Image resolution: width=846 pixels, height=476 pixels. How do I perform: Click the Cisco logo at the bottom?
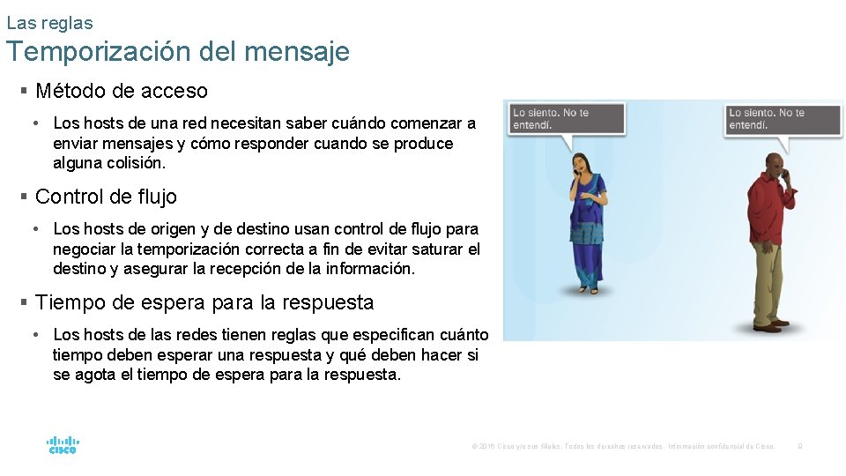[63, 444]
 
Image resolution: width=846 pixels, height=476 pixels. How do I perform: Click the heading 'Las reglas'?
[49, 23]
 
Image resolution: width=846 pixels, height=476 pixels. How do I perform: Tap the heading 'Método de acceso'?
[121, 91]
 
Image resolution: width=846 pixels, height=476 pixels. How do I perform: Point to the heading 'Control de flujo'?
[106, 197]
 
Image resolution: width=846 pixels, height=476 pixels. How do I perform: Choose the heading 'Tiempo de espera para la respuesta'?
[204, 302]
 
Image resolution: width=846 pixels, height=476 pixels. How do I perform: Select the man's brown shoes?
[768, 326]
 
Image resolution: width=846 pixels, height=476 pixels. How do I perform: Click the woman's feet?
[588, 288]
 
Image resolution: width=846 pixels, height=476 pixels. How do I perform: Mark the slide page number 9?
[799, 447]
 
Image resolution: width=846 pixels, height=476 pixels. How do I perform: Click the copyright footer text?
[623, 447]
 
